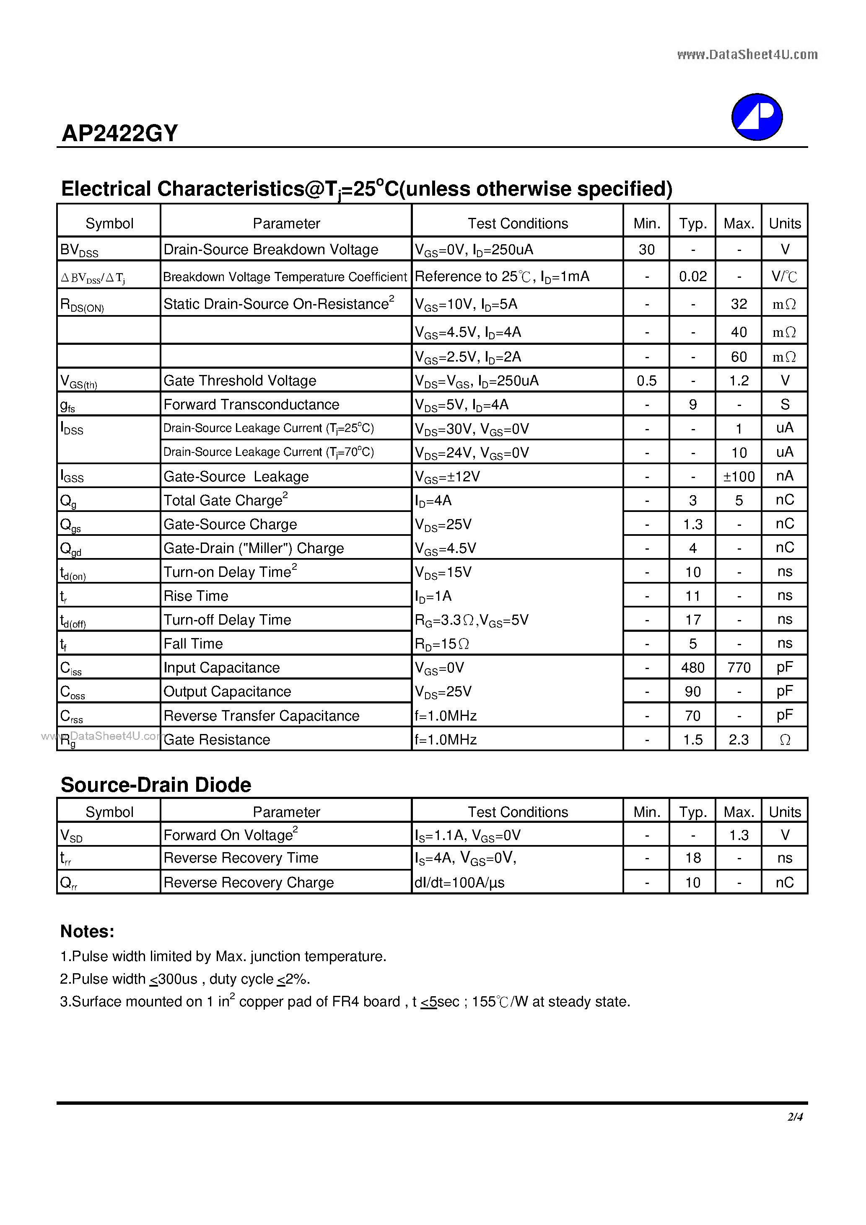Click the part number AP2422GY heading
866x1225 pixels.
119,133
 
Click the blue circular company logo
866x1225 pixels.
757,117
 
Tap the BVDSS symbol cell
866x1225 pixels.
79,250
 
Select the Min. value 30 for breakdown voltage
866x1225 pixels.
646,250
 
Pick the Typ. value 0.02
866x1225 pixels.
692,277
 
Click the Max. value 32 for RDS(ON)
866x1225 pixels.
739,304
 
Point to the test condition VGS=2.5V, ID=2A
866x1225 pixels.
468,357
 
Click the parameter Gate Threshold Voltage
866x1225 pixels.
240,380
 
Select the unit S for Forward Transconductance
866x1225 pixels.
784,404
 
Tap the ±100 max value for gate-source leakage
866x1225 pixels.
739,476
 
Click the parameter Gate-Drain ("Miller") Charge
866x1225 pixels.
254,548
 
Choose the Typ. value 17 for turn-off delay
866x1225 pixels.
692,620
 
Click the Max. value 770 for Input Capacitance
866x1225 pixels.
739,667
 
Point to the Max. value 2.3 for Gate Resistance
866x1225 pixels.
739,739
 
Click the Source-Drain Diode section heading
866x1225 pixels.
156,785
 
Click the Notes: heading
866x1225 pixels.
87,931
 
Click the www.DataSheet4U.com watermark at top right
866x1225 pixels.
747,54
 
